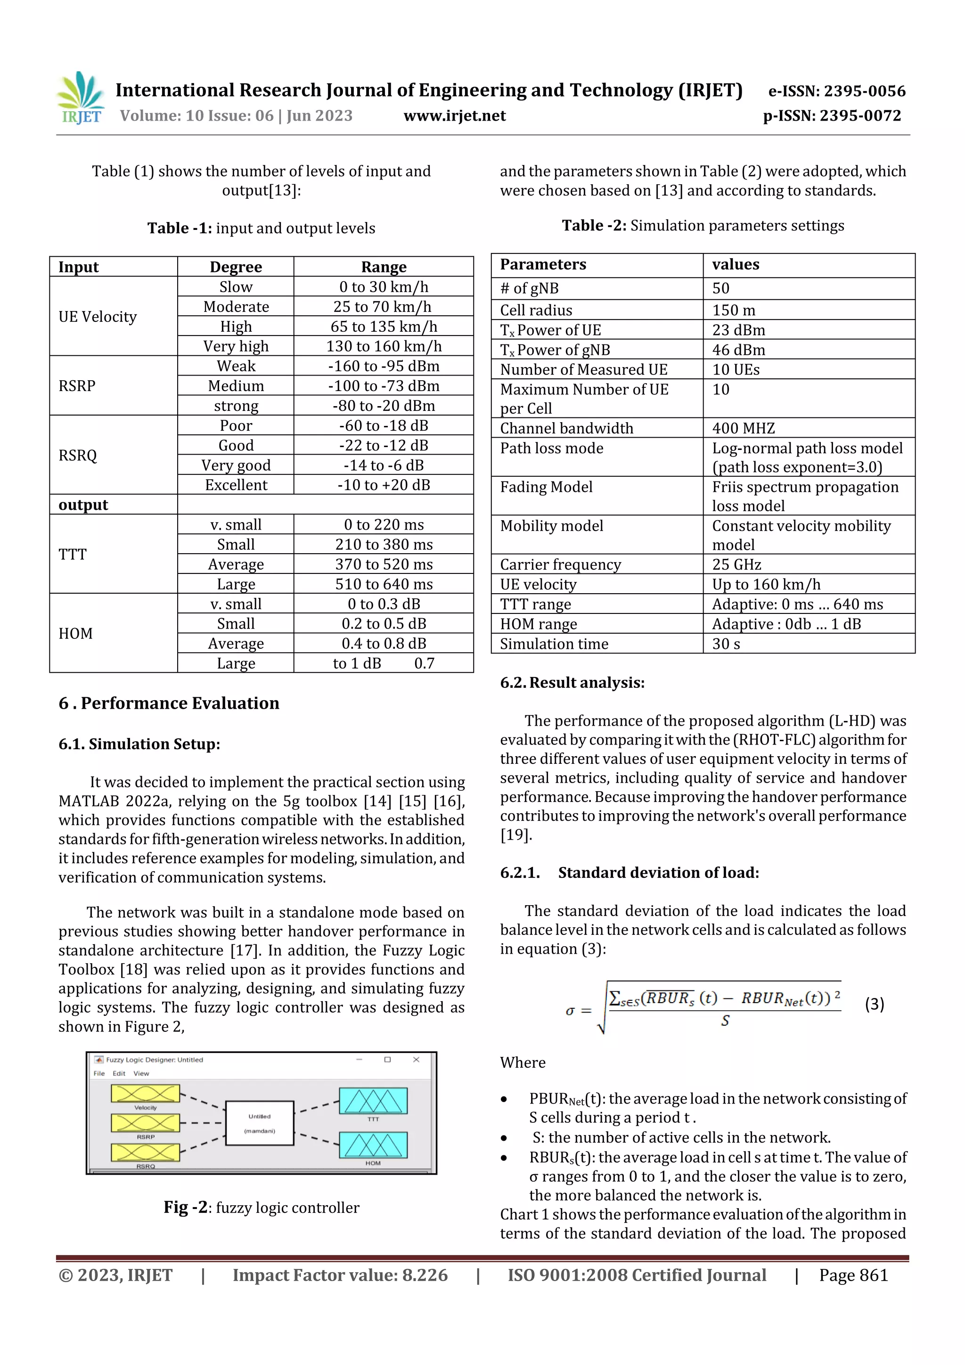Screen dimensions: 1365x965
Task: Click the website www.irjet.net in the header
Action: coord(454,116)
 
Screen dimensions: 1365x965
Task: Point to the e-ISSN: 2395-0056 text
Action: coord(836,91)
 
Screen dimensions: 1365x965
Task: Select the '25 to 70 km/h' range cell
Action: coord(384,307)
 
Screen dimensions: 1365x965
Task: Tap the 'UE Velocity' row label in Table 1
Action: coord(98,317)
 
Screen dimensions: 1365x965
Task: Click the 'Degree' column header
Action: coord(236,267)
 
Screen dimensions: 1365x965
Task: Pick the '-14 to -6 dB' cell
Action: coord(384,465)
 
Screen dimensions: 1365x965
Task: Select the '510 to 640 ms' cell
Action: coord(384,584)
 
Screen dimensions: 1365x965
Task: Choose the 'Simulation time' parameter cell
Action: coord(554,644)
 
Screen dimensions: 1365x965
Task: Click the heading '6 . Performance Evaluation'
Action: coord(169,703)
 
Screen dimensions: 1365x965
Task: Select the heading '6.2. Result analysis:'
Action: coord(572,682)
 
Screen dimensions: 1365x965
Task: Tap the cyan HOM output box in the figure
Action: coord(373,1145)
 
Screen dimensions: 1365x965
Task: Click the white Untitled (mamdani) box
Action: coord(259,1123)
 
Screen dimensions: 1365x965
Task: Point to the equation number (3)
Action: coord(874,1004)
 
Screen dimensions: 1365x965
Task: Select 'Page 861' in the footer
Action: coord(853,1275)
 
